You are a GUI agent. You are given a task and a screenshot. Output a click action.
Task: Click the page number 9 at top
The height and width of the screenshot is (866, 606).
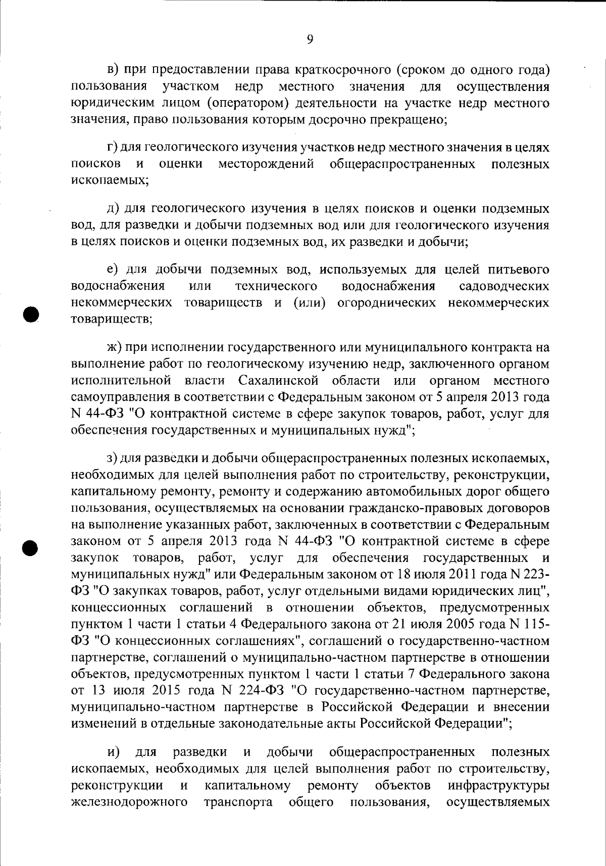click(310, 39)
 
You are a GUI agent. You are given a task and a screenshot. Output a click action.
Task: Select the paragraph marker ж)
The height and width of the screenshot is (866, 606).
click(115, 347)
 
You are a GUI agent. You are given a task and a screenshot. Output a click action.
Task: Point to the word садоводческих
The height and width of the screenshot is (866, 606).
click(504, 287)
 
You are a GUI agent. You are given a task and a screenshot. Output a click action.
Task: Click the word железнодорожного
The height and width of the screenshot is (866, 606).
click(130, 802)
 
